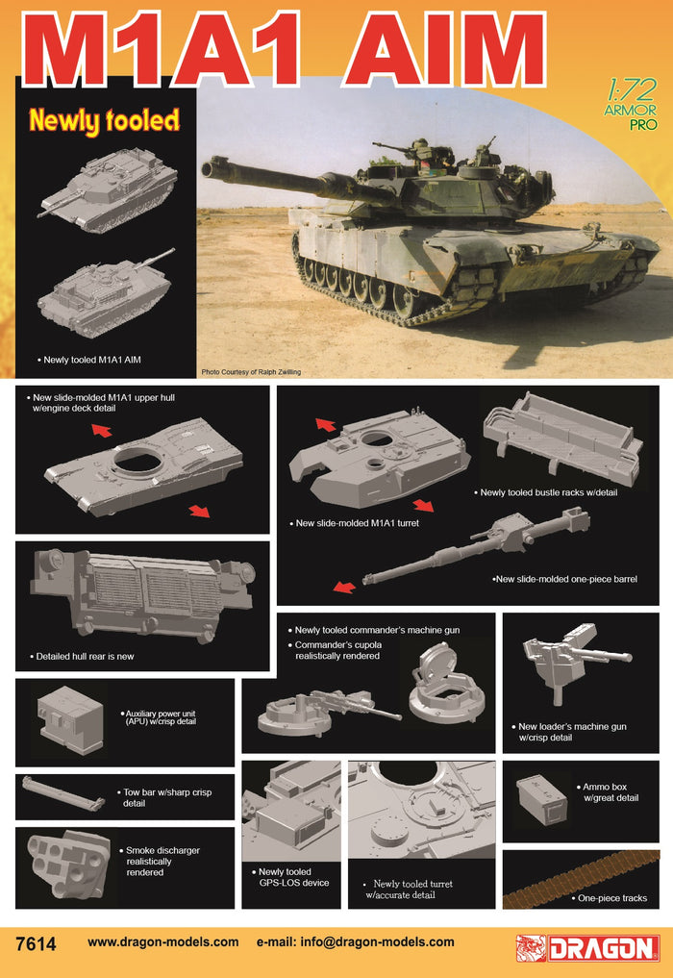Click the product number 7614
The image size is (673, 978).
pyautogui.click(x=37, y=943)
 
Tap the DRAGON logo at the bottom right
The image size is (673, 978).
pyautogui.click(x=588, y=947)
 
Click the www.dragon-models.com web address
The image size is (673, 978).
pyautogui.click(x=162, y=941)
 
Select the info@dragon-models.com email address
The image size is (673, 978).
pyautogui.click(x=377, y=941)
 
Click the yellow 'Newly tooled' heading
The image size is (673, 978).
pyautogui.click(x=104, y=121)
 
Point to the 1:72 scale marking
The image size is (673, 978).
pyautogui.click(x=631, y=91)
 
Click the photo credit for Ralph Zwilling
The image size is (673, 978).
pyautogui.click(x=251, y=372)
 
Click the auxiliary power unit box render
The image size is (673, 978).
pyautogui.click(x=70, y=720)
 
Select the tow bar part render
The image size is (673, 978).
pyautogui.click(x=62, y=793)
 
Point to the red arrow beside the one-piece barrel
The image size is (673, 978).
pyautogui.click(x=344, y=587)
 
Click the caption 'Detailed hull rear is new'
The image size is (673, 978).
pyautogui.click(x=85, y=656)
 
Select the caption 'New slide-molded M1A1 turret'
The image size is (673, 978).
pyautogui.click(x=358, y=523)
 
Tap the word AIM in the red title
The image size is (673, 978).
pyautogui.click(x=445, y=49)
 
